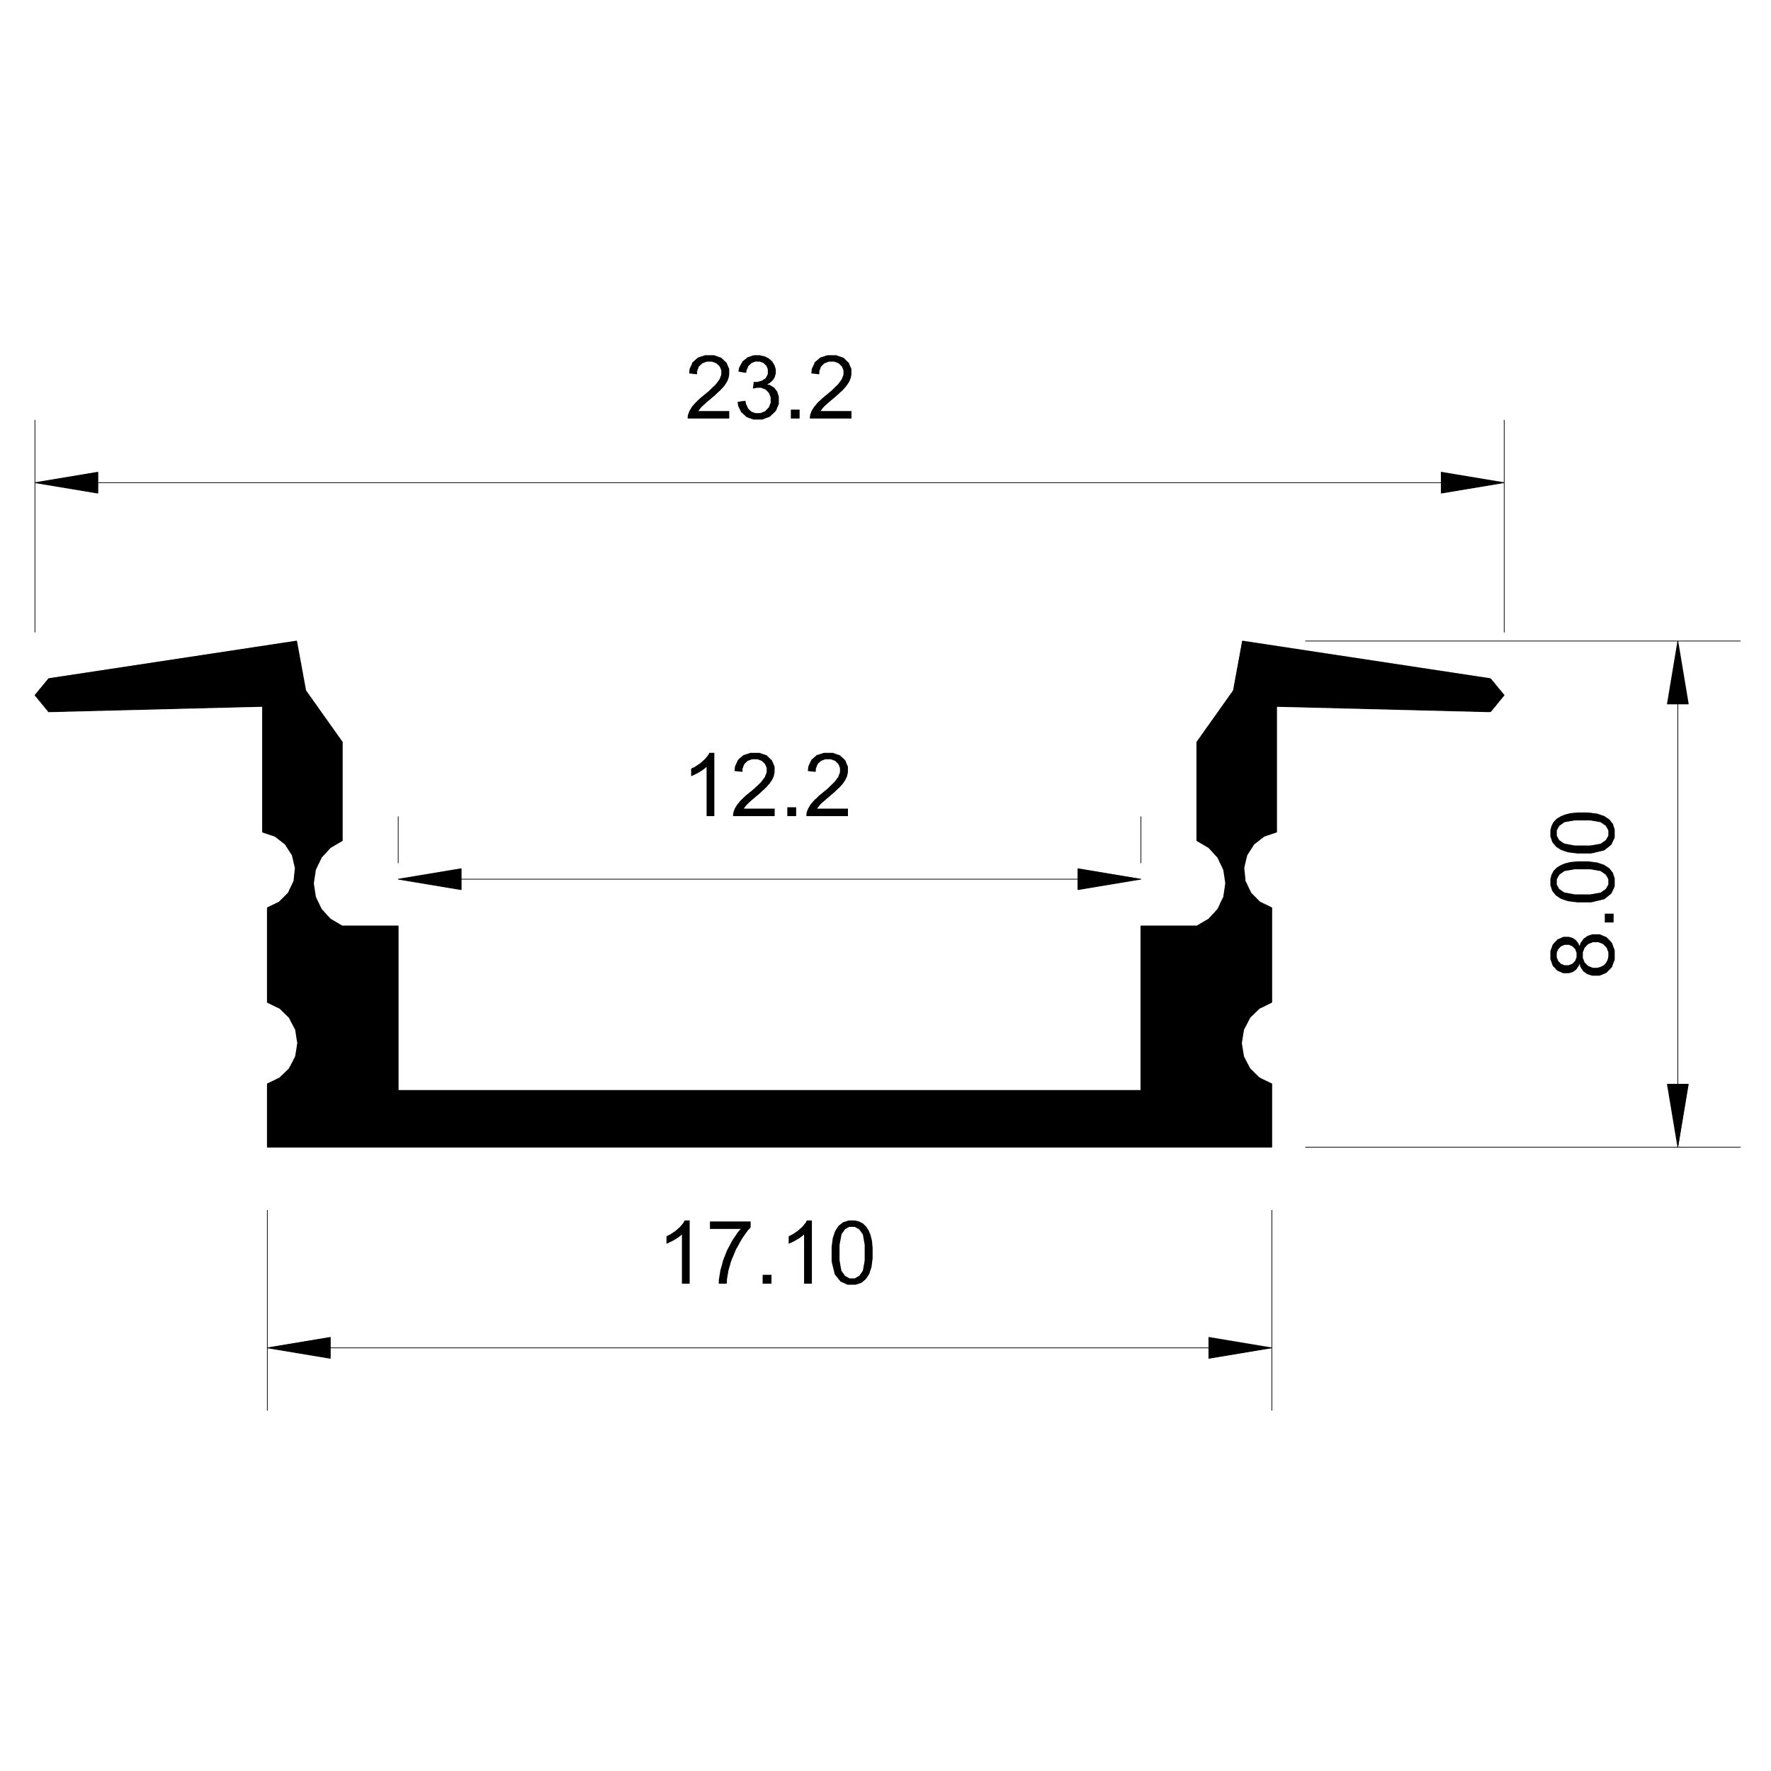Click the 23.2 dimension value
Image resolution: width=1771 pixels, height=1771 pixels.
(770, 389)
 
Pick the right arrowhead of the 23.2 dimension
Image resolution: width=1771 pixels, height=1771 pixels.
(1472, 482)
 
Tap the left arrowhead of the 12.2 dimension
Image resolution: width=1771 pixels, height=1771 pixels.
(429, 879)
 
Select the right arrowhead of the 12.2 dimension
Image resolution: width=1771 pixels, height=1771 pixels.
(1109, 879)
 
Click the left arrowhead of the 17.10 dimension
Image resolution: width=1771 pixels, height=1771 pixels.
(299, 1347)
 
